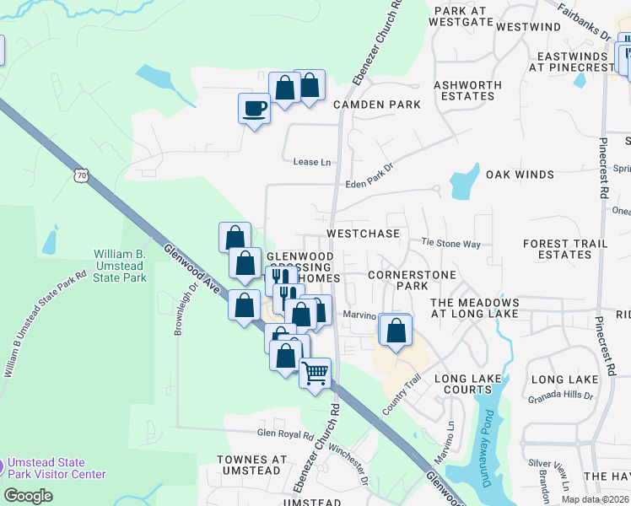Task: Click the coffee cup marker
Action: click(254, 108)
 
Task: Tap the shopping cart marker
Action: click(315, 372)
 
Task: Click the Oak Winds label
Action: click(520, 175)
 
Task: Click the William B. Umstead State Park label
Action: click(120, 266)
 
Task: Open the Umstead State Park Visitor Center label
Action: click(57, 468)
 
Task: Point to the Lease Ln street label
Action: click(306, 162)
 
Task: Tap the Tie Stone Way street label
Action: click(450, 244)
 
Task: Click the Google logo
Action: click(28, 495)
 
